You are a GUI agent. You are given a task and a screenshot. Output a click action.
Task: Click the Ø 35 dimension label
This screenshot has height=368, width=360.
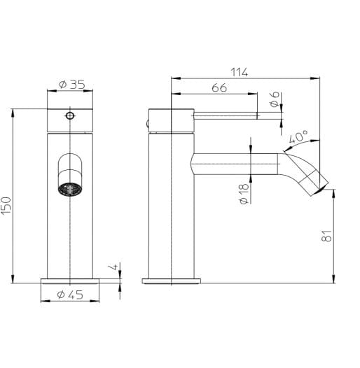click(68, 85)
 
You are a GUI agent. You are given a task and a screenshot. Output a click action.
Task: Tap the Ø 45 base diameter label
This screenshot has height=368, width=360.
click(68, 295)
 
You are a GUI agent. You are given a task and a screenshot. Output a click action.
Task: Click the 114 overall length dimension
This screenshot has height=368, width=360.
click(240, 71)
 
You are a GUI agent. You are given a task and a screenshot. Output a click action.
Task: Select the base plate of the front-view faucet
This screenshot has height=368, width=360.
click(70, 281)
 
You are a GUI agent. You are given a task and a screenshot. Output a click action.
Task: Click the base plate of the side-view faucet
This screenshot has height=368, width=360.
click(172, 281)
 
